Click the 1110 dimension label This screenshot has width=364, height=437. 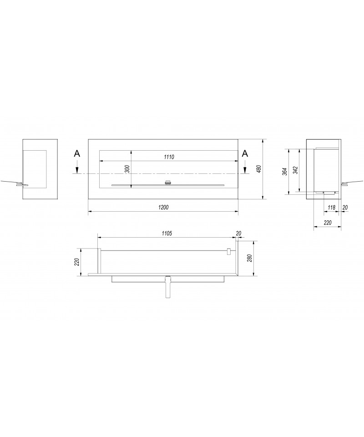click(169, 157)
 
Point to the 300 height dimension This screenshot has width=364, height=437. click(127, 169)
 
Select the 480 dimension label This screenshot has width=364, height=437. click(258, 169)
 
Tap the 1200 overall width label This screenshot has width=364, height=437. click(163, 207)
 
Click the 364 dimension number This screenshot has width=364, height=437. click(284, 172)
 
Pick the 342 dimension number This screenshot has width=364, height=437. click(295, 170)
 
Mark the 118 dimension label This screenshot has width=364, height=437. click(331, 208)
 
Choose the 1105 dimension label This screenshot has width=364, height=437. click(167, 234)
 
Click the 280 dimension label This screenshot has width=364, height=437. click(249, 258)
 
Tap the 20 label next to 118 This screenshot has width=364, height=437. click(345, 208)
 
